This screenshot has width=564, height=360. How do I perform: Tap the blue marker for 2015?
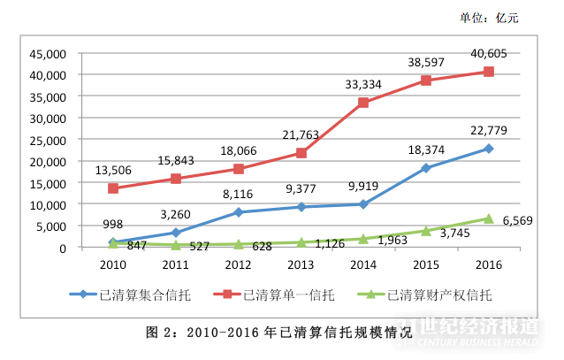point(425,168)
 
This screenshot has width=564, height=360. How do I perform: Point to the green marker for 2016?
point(488,218)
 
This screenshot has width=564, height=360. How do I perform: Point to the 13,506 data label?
point(112,172)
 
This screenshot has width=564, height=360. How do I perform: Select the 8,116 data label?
point(239,195)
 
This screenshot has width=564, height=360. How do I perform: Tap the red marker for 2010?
point(112,188)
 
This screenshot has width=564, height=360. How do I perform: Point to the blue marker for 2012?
point(238,212)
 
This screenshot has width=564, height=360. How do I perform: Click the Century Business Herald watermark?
point(476,334)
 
